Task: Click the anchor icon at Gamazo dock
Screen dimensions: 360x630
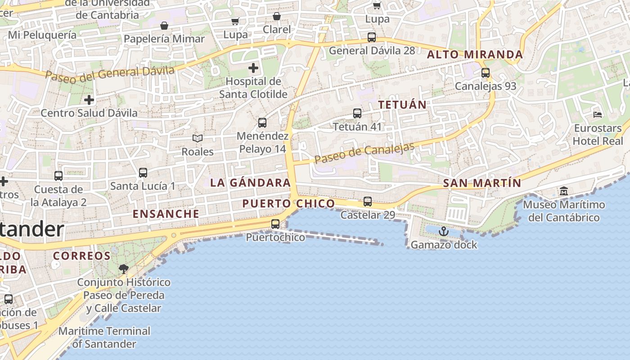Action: (444, 231)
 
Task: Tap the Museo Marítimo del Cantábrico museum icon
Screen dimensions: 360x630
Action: (564, 191)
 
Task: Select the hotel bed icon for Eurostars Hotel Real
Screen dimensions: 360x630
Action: (598, 115)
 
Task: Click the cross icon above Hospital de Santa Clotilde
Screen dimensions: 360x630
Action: (253, 68)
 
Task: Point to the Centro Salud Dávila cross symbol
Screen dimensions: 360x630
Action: (89, 99)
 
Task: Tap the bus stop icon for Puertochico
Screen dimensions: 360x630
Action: (275, 224)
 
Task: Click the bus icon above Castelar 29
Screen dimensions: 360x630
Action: (368, 201)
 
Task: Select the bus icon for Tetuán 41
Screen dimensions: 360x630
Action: (357, 113)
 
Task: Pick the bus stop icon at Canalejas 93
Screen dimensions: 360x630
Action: (486, 72)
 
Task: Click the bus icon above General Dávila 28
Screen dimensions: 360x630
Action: (372, 37)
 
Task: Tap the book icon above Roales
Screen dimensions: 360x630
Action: (198, 138)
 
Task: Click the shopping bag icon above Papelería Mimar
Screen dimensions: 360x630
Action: (164, 26)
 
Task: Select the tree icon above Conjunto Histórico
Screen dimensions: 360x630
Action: (123, 269)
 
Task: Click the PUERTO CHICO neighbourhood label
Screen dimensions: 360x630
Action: (288, 203)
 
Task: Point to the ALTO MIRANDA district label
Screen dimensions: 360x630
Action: (475, 55)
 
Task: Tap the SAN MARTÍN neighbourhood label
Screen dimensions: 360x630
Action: (482, 183)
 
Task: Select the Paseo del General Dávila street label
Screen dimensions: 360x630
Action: (109, 73)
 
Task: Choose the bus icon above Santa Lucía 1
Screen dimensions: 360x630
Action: (143, 172)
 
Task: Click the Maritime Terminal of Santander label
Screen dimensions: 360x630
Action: (104, 337)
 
